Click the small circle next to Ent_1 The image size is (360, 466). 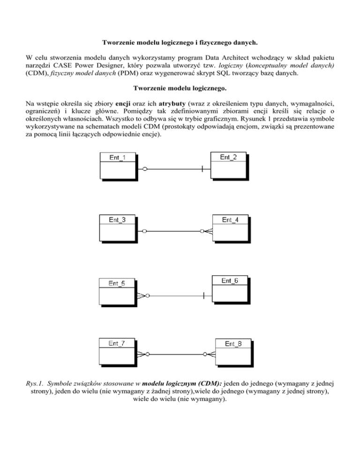pyautogui.click(x=145, y=168)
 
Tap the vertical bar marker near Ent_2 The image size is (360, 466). pyautogui.click(x=202, y=168)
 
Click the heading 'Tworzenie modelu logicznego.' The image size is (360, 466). pyautogui.click(x=180, y=88)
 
